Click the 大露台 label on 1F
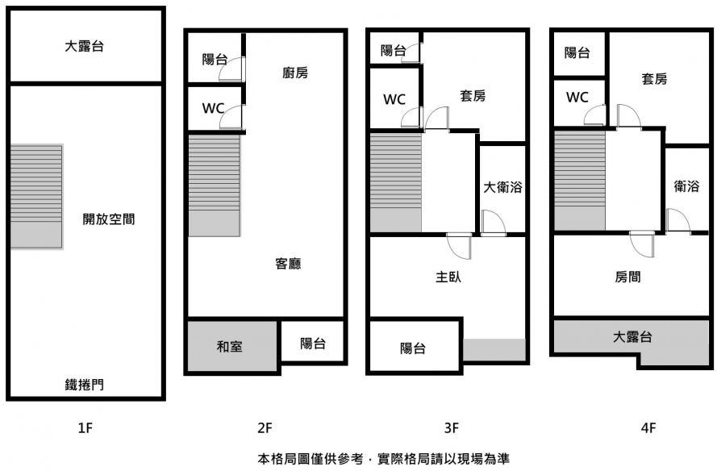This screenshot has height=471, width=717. (84, 47)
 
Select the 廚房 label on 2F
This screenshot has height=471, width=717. (295, 73)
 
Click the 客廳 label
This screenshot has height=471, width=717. (288, 263)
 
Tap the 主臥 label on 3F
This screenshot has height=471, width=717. (448, 277)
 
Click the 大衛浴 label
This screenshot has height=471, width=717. (502, 188)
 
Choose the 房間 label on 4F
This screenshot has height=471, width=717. (628, 277)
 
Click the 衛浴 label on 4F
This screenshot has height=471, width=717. (686, 186)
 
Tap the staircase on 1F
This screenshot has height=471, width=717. (36, 196)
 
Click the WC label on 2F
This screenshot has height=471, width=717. (213, 108)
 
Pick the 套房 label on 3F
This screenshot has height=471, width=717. (473, 96)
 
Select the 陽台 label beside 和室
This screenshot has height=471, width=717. (313, 344)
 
